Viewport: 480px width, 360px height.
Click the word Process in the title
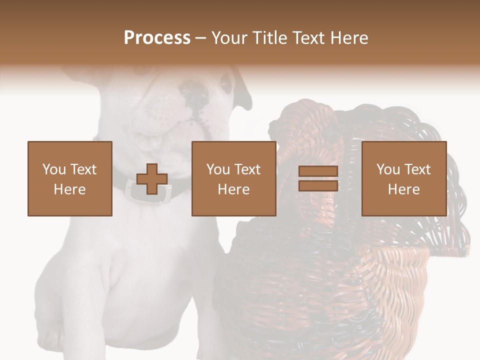pyautogui.click(x=157, y=38)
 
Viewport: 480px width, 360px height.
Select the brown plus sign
pyautogui.click(x=152, y=179)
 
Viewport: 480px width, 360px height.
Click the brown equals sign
pyautogui.click(x=318, y=178)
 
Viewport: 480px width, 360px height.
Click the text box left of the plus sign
pyautogui.click(x=70, y=178)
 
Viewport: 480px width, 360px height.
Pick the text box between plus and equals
pyautogui.click(x=233, y=178)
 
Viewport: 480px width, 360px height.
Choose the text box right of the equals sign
pyautogui.click(x=403, y=178)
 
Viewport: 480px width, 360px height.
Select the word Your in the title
pyautogui.click(x=229, y=38)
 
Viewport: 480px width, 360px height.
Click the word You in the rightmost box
pyautogui.click(x=388, y=169)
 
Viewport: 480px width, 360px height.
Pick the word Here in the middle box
pyautogui.click(x=233, y=189)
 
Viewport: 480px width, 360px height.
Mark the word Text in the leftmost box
pyautogui.click(x=83, y=169)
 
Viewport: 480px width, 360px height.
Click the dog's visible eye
pyautogui.click(x=226, y=83)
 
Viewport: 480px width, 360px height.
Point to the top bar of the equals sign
pyautogui.click(x=318, y=171)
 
